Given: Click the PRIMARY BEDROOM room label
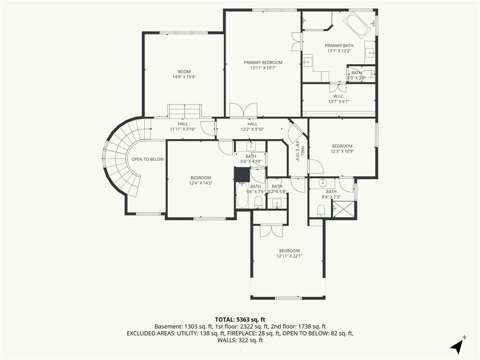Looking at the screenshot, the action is [263, 62].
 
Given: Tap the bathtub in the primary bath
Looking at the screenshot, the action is [357, 25].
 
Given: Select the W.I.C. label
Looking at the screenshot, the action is [339, 96].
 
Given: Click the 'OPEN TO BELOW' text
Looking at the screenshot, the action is [148, 159].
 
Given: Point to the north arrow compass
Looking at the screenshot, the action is [457, 345].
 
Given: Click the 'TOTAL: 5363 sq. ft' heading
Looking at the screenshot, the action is [240, 320].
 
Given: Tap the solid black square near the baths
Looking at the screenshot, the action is [242, 174].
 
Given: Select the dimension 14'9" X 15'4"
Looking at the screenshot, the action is [184, 77].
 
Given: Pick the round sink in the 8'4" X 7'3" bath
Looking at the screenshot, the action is [323, 183].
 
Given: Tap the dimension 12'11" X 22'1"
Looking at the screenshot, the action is [289, 256].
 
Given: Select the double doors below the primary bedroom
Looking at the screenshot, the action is [243, 110].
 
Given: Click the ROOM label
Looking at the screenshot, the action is [184, 72].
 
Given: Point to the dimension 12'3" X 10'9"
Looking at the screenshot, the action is [342, 151].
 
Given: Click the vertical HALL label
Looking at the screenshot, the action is [303, 151].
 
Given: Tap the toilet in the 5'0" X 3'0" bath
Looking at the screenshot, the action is [370, 74].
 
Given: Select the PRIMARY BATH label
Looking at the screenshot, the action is [339, 45].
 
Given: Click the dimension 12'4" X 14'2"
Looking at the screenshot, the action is [201, 183].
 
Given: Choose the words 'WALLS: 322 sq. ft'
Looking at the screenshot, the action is [240, 340].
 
